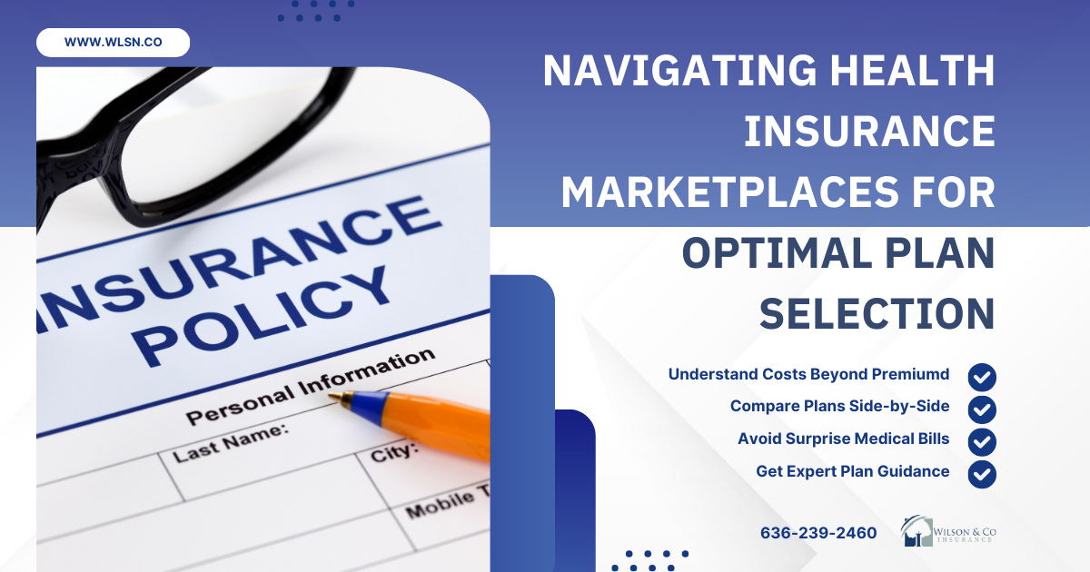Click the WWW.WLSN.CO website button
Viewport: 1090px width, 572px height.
point(113,43)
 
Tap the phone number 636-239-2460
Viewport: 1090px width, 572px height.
point(818,533)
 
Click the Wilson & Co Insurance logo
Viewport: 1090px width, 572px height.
point(948,531)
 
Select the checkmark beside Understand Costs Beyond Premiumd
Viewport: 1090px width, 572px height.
point(982,377)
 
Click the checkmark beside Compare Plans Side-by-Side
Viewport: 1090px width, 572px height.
point(982,409)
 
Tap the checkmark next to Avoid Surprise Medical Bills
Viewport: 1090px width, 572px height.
point(982,441)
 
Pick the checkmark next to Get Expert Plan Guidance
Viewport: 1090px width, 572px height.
point(982,474)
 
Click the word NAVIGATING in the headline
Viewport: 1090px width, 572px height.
point(679,71)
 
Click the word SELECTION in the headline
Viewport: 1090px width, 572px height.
point(877,314)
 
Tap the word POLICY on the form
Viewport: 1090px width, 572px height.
point(263,316)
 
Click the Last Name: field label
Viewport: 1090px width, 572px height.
point(230,443)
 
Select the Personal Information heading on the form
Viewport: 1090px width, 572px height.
point(311,386)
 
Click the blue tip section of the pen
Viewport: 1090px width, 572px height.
point(366,407)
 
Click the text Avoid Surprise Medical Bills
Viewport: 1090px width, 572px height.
point(844,439)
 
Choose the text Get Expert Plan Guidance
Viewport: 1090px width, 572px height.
point(853,471)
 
